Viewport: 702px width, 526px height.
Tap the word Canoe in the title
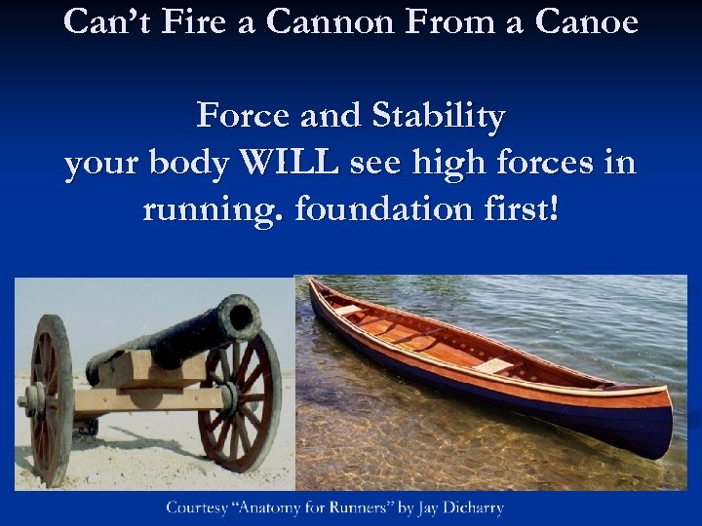pos(590,20)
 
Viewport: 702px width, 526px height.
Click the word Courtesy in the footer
pos(199,507)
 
